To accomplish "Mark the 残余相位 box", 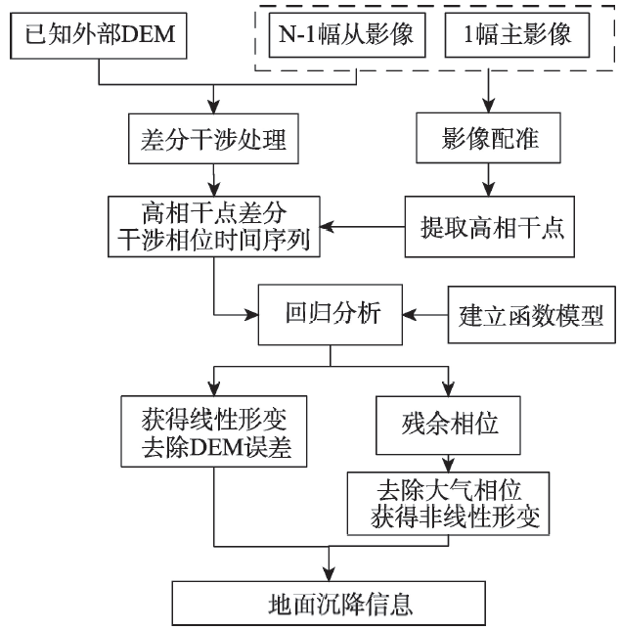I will click(x=449, y=422).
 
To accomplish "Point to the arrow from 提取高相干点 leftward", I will click(x=364, y=227).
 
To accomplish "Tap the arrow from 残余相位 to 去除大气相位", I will click(x=449, y=462).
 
